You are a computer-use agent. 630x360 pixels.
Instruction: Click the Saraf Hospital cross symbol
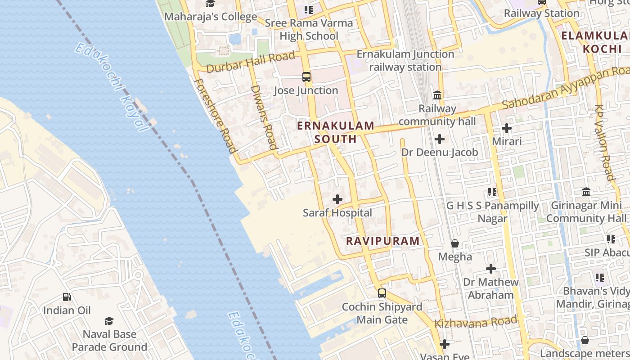337,199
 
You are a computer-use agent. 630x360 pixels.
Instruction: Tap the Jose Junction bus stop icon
306,77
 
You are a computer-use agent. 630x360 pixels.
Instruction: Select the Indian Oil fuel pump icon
67,297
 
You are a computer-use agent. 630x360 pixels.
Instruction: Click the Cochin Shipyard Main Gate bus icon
382,293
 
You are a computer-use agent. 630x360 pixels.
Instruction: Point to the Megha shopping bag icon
455,244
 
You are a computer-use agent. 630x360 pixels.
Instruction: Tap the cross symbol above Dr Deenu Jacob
440,139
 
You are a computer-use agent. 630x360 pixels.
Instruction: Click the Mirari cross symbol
507,128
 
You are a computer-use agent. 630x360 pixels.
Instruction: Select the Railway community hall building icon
437,95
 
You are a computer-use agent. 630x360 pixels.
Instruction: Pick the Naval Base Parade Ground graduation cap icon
109,321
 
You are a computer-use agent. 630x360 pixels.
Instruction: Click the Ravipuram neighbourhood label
383,241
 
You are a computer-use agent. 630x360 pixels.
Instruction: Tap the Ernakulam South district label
336,132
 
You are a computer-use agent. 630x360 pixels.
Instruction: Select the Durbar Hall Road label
251,62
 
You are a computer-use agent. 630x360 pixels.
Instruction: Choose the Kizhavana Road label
476,322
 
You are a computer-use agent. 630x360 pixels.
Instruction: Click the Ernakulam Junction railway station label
405,60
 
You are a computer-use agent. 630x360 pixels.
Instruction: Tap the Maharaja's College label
211,17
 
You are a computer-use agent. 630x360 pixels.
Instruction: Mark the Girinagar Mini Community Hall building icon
586,192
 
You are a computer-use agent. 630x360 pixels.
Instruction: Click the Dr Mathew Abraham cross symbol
491,269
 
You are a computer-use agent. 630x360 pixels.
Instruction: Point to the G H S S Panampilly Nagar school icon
492,192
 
